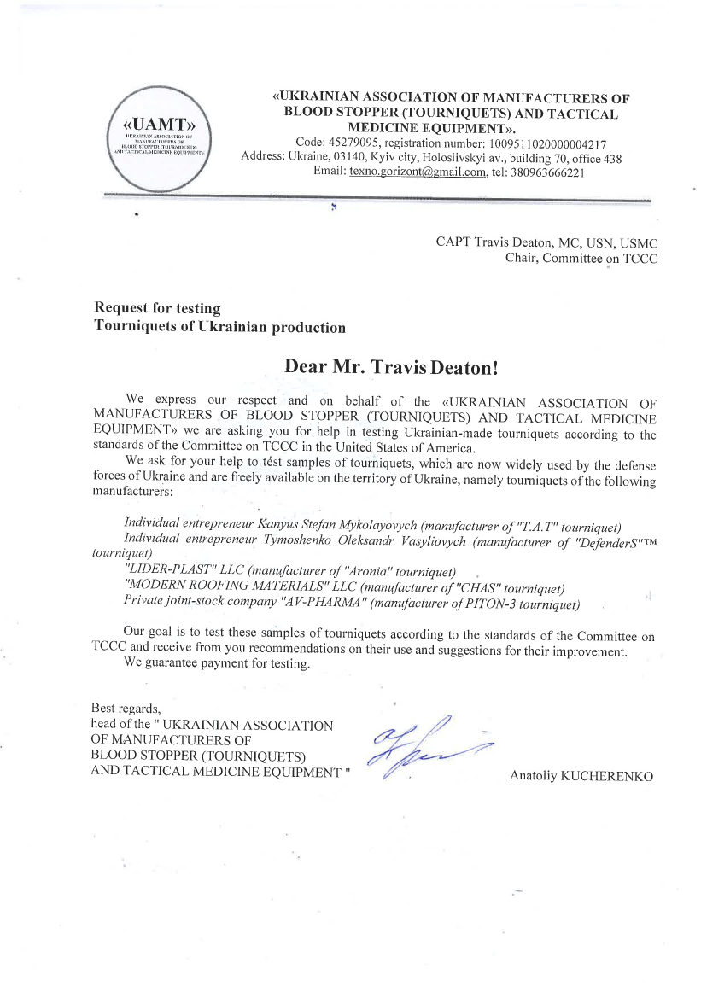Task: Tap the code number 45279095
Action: (x=355, y=143)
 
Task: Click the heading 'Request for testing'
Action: (x=157, y=308)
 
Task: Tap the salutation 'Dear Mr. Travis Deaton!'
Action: (x=390, y=367)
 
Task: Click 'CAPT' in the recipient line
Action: (x=454, y=242)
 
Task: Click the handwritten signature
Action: (x=423, y=744)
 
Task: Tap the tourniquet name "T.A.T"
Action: (x=536, y=522)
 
